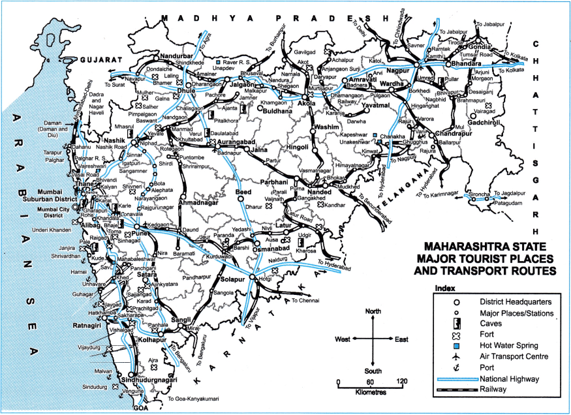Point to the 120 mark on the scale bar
[x=402, y=381]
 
